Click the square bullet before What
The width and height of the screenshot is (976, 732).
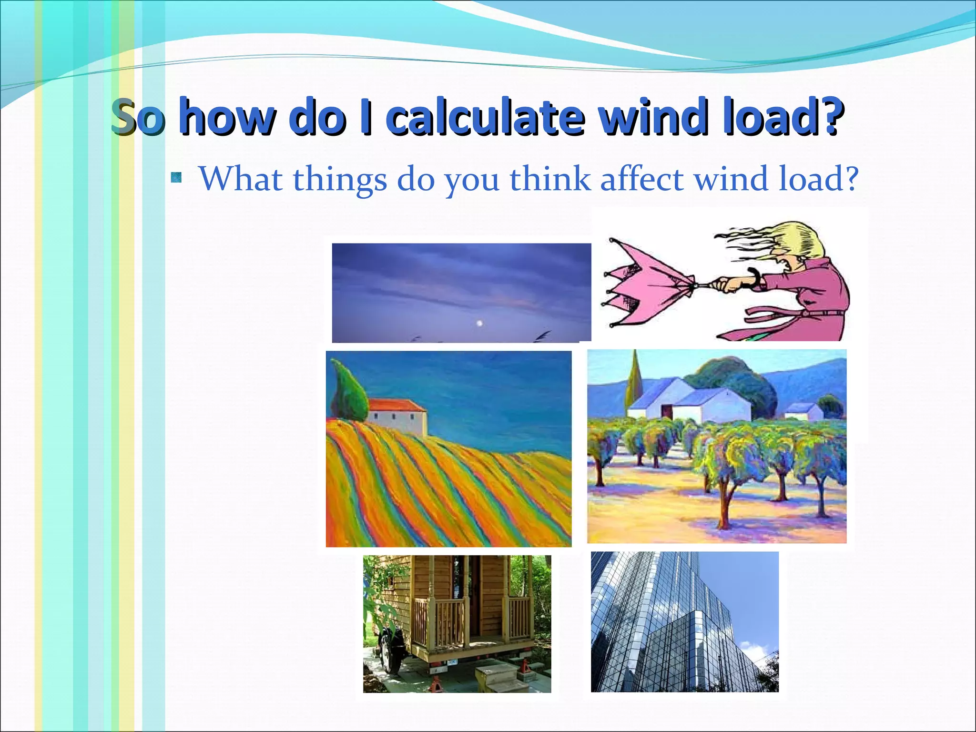point(176,179)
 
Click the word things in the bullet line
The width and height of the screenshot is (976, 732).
point(339,180)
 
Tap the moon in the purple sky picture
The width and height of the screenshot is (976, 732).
point(479,324)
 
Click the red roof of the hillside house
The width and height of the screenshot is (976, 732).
point(396,406)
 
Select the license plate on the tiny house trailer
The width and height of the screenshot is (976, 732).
point(452,662)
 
